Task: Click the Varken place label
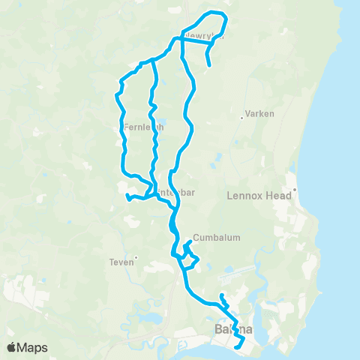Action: [259, 114]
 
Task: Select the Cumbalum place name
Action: [217, 238]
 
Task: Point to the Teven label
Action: [121, 262]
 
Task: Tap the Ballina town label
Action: [233, 330]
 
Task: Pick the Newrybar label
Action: [203, 35]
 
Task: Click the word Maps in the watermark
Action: [34, 347]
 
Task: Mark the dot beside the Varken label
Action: [241, 116]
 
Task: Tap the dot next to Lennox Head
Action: [296, 190]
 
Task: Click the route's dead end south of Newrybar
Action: [208, 67]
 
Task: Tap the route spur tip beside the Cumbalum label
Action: [190, 242]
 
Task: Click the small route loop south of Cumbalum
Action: [191, 261]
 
